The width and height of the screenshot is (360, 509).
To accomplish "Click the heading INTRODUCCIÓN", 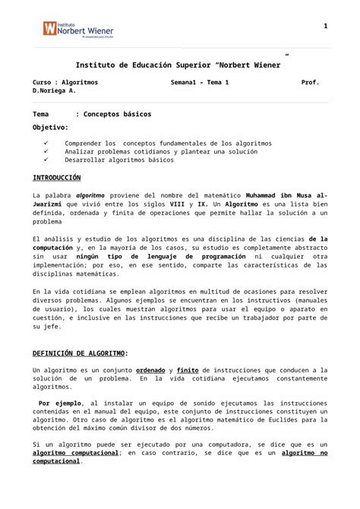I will (x=56, y=177).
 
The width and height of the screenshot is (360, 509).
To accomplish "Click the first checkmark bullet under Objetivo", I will (x=48, y=143).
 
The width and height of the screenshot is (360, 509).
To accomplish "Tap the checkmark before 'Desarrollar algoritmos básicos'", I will (x=48, y=160).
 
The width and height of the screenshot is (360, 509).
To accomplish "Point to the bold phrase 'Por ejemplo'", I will (x=60, y=403).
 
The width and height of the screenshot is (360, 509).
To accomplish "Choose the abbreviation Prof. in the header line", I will (x=311, y=82).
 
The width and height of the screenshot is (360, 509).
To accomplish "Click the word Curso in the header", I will (x=43, y=82).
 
